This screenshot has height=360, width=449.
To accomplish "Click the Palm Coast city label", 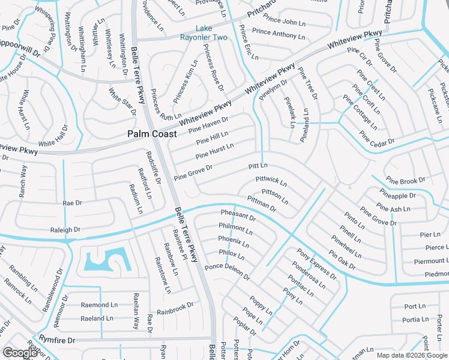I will [x=151, y=134].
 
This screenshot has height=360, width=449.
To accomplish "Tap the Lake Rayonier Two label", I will [x=204, y=33].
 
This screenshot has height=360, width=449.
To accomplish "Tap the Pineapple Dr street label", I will [x=397, y=196].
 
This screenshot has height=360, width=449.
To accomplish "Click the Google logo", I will [x=20, y=353].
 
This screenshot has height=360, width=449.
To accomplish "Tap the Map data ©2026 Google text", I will [x=411, y=355].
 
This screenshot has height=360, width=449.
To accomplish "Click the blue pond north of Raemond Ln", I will [x=105, y=260].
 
